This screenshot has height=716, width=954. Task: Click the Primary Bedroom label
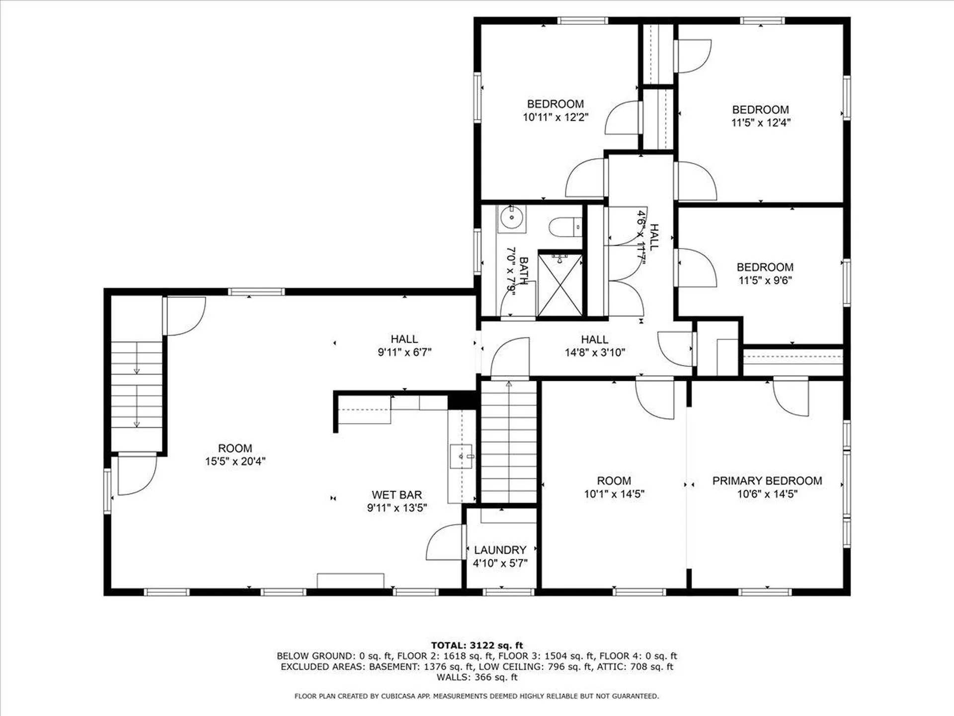pos(767,481)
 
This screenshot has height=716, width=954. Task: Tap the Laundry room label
pos(500,550)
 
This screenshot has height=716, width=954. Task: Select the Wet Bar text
pos(397,495)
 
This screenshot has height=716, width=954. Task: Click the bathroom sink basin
pos(511,217)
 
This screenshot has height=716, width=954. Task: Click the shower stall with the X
pos(560,286)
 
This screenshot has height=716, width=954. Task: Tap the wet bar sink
pos(462,456)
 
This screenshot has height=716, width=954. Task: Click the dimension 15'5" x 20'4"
pos(235,461)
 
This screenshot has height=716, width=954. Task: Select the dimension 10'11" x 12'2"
pos(555,117)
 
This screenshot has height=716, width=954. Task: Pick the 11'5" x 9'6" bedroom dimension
pos(765,280)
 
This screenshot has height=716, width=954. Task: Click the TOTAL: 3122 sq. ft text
pos(477,645)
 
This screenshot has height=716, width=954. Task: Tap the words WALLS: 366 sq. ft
pos(477,677)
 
